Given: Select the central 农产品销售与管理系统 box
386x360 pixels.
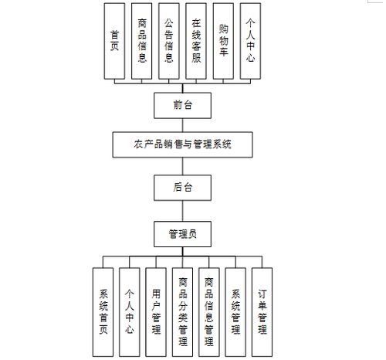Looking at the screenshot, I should click(182, 144).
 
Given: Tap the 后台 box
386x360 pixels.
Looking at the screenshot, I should click(182, 186).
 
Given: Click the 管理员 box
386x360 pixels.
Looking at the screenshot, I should click(182, 232).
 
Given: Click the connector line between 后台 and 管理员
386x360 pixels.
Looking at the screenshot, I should click(182, 209).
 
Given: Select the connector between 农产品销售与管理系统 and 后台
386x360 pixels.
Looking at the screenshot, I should click(182, 165).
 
